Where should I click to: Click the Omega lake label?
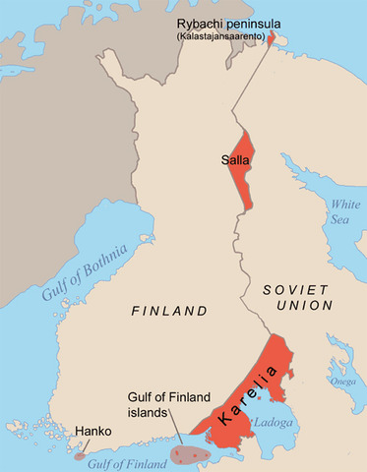pyautogui.click(x=343, y=382)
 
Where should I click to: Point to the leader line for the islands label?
pyautogui.click(x=175, y=432)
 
